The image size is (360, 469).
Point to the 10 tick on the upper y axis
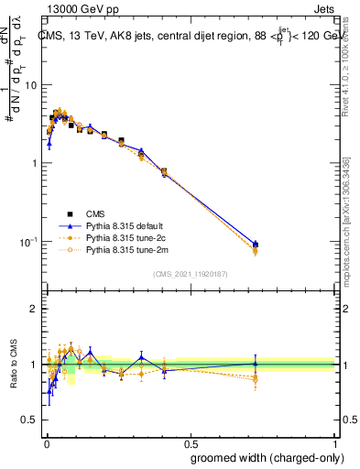click(x=30, y=85)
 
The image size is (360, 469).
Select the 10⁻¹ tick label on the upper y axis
click(x=27, y=242)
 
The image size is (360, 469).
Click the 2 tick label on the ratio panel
click(x=34, y=310)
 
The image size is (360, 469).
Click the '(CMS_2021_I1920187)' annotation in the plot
click(x=191, y=274)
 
